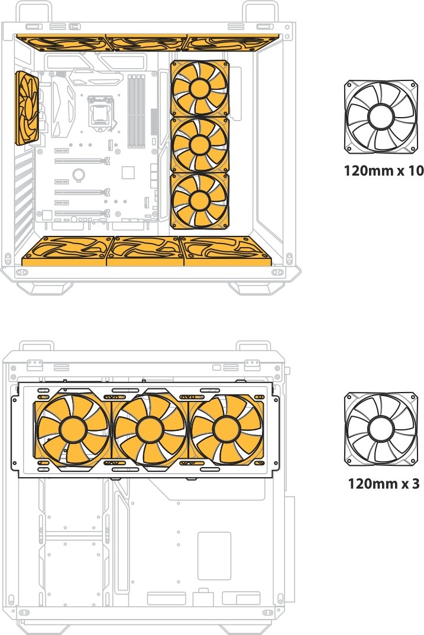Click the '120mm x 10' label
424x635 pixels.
384,170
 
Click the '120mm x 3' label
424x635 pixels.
384,483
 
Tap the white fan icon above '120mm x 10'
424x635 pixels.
381,116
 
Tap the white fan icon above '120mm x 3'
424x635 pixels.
381,429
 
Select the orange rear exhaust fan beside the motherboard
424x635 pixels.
27,108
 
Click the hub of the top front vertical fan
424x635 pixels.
199,89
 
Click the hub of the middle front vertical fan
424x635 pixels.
199,144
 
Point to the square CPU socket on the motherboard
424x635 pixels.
99,110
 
